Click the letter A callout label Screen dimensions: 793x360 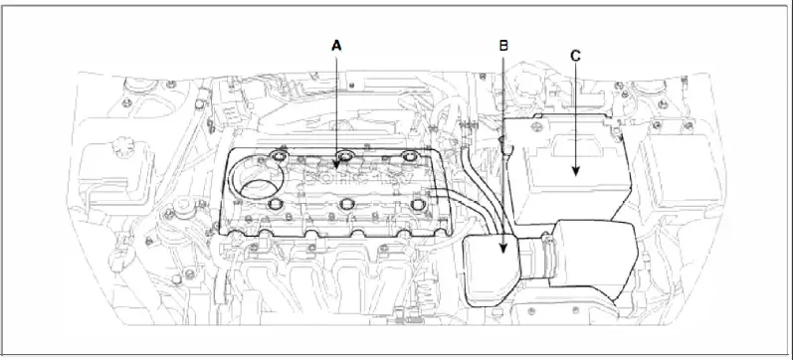coord(336,46)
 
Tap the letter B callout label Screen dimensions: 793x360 coord(503,46)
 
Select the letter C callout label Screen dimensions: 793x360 coord(575,56)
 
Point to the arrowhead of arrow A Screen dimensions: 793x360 coord(336,165)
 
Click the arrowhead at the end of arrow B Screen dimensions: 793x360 coord(502,248)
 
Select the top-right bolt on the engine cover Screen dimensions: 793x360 coord(409,155)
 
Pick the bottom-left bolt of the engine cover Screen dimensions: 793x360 coord(277,204)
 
